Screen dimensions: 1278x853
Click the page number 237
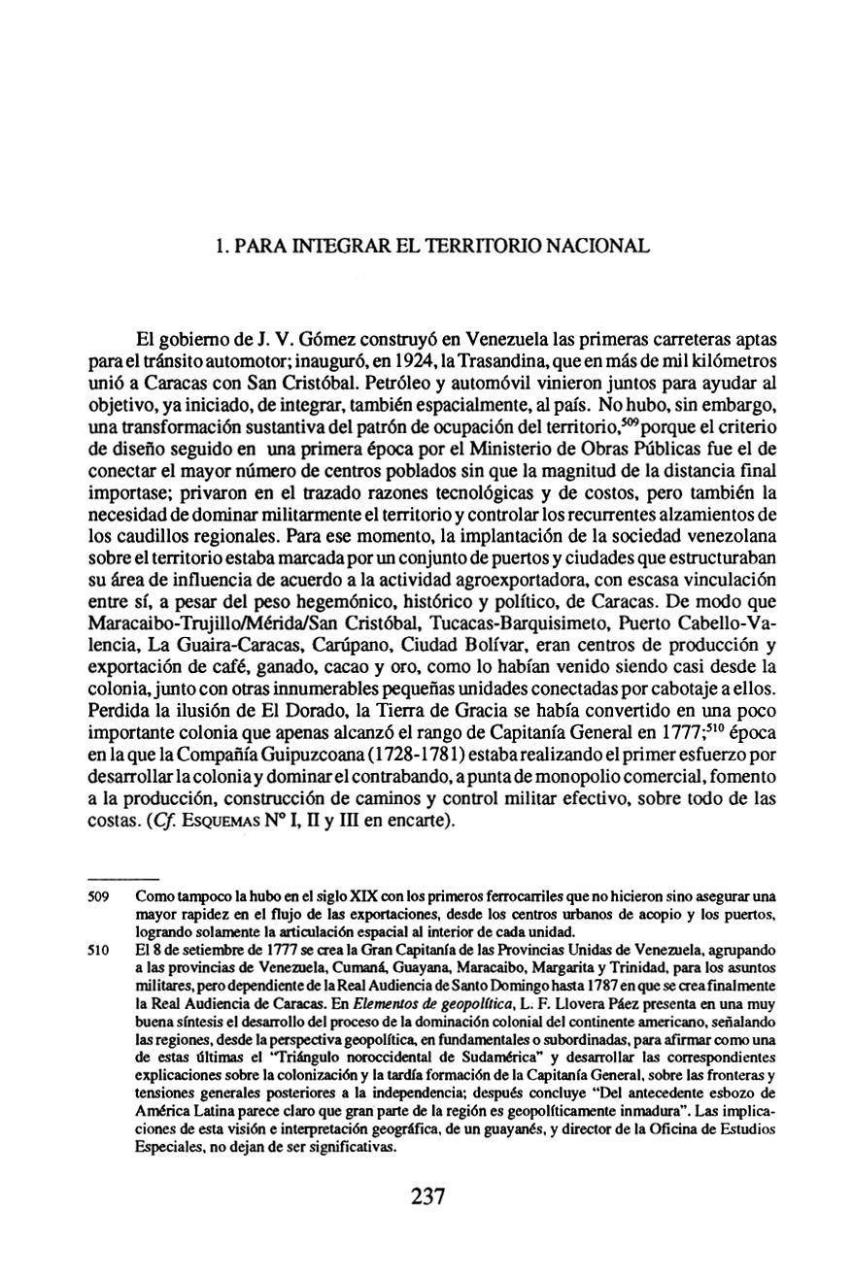tap(426, 1195)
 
